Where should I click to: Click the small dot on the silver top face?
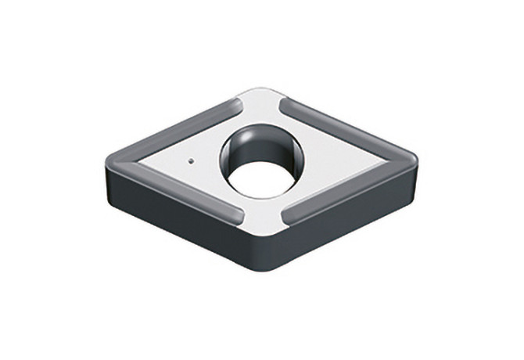click(x=192, y=162)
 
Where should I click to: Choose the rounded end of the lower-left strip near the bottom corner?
click(x=236, y=215)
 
